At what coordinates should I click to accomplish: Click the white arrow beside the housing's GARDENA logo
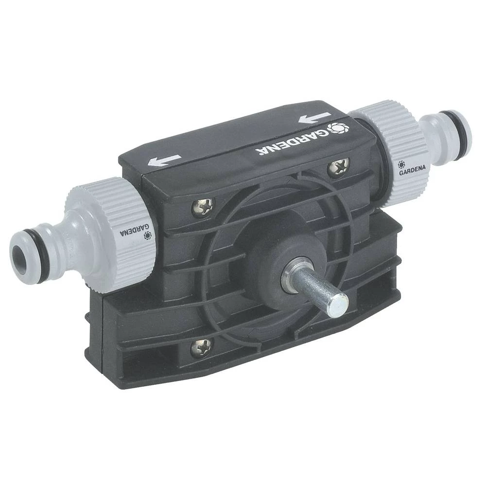[x=315, y=118]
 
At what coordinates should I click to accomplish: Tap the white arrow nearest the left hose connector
[x=165, y=160]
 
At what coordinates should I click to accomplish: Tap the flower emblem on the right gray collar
[x=402, y=164]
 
